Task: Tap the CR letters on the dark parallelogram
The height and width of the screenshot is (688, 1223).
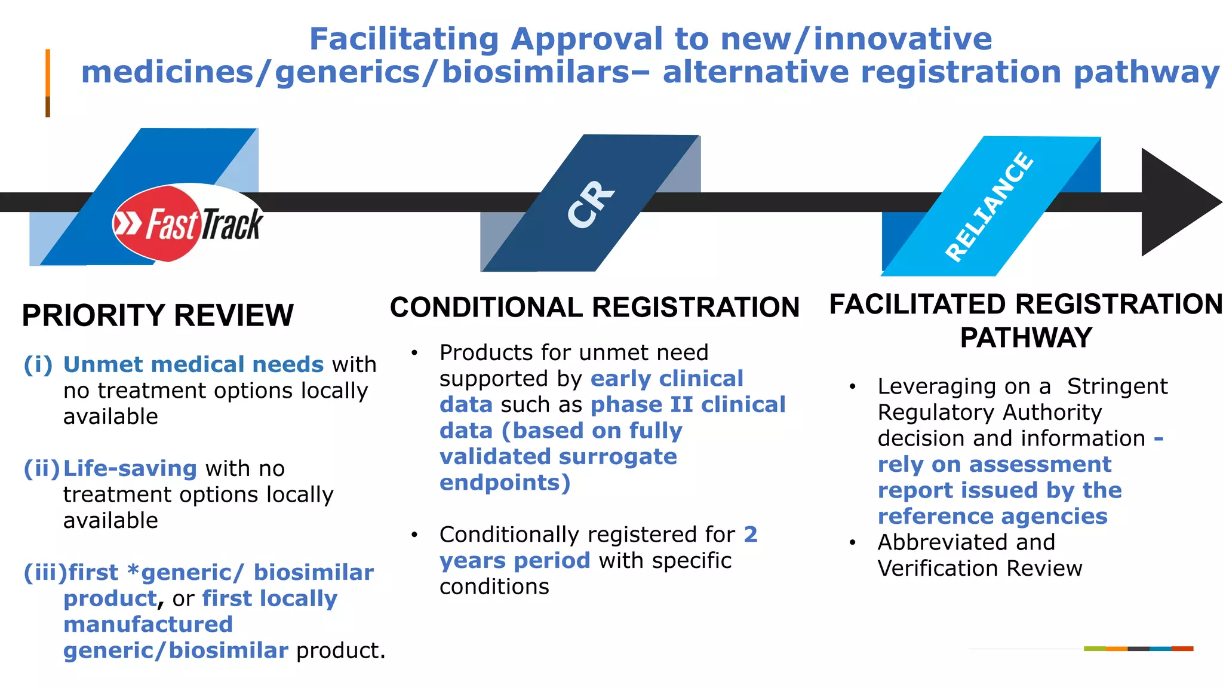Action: [590, 204]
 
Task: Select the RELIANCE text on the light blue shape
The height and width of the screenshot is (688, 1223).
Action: [989, 207]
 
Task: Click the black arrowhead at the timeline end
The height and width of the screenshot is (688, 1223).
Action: [1176, 202]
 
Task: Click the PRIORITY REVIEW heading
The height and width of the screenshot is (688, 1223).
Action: [158, 315]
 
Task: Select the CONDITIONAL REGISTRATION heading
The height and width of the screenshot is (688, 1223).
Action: [594, 308]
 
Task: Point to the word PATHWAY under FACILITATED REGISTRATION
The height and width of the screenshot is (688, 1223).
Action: [1025, 338]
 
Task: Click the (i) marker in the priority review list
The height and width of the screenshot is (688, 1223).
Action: [38, 364]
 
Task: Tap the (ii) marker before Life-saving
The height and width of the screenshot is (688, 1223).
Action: [41, 468]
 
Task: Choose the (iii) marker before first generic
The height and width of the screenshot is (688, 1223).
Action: [45, 572]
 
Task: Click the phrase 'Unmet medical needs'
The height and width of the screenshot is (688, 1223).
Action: [193, 364]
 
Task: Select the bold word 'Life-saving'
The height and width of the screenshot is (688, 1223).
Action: [130, 468]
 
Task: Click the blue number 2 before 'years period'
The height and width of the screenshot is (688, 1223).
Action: [750, 534]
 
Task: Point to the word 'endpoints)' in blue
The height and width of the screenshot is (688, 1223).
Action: [505, 483]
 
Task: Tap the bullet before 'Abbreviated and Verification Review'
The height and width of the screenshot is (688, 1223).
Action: [853, 543]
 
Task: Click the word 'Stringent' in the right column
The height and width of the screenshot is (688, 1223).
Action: [1117, 386]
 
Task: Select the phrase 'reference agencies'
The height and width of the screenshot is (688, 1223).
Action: [992, 516]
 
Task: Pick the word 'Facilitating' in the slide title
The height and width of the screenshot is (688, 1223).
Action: [404, 39]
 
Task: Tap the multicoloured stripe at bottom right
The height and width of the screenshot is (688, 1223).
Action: [1138, 649]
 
